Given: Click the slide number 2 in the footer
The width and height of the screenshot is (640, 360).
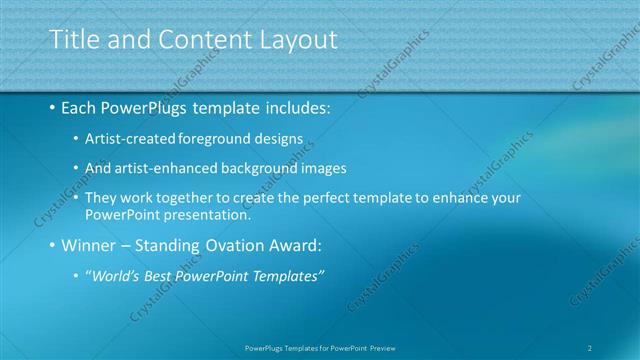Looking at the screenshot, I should (590, 348).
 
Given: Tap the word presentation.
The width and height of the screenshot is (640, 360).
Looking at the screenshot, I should (211, 214).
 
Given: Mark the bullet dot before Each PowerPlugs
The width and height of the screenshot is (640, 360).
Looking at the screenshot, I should (52, 108).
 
